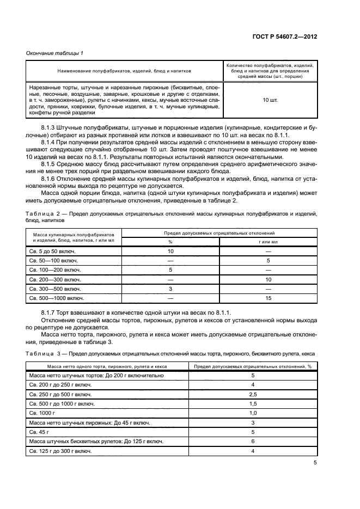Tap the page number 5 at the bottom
315,463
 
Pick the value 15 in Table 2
268,298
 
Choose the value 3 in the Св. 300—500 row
170,289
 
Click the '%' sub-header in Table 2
170,241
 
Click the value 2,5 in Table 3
253,394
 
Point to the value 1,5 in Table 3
253,403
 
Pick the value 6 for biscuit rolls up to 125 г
253,441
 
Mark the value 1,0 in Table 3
253,413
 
